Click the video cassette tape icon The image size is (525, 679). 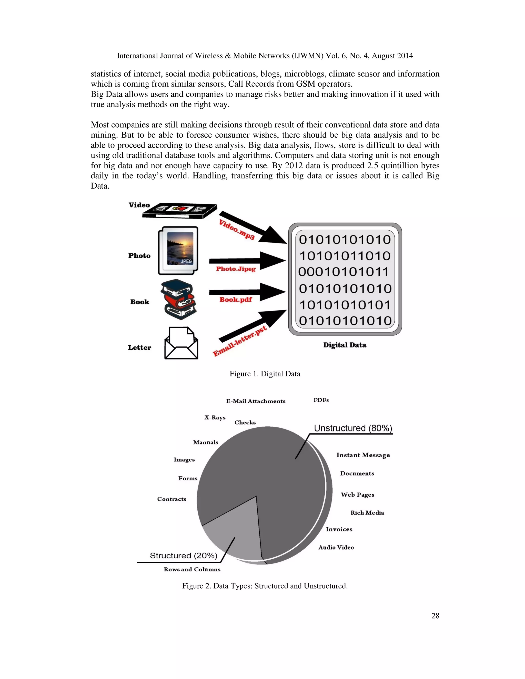pyautogui.click(x=180, y=211)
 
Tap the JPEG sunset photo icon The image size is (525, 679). pyautogui.click(x=178, y=251)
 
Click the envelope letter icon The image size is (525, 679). pyautogui.click(x=181, y=343)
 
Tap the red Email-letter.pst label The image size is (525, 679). pyautogui.click(x=240, y=341)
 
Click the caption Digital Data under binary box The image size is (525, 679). pyautogui.click(x=345, y=345)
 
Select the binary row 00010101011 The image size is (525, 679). pyautogui.click(x=344, y=272)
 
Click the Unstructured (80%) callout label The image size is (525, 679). pyautogui.click(x=353, y=428)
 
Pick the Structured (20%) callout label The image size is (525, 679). pyautogui.click(x=184, y=555)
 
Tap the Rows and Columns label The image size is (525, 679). pyautogui.click(x=192, y=570)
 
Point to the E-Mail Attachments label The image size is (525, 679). pyautogui.click(x=256, y=401)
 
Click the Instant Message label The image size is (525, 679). pyautogui.click(x=363, y=455)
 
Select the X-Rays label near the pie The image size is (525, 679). pyautogui.click(x=215, y=418)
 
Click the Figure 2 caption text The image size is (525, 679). pyautogui.click(x=265, y=586)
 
